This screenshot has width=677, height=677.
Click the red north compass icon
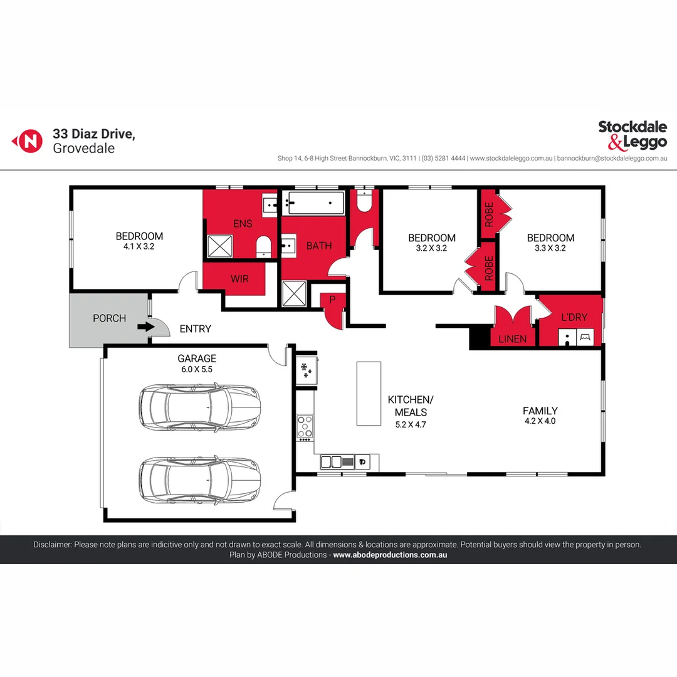pyautogui.click(x=28, y=140)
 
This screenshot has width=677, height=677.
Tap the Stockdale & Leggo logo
pyautogui.click(x=632, y=135)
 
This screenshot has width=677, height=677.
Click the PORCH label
pyautogui.click(x=109, y=318)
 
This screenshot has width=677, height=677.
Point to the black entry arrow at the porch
pyautogui.click(x=145, y=326)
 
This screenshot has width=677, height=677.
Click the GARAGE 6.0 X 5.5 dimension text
pyautogui.click(x=197, y=370)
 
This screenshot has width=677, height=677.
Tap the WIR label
pyautogui.click(x=239, y=278)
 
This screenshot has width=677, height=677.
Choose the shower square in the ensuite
pyautogui.click(x=219, y=246)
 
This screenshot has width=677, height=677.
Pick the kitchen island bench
pyautogui.click(x=369, y=393)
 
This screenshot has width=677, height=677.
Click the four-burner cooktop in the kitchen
pyautogui.click(x=305, y=426)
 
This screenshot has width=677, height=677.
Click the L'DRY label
pyautogui.click(x=574, y=317)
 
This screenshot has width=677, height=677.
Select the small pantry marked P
pyautogui.click(x=332, y=300)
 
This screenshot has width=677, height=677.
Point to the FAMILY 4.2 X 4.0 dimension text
pyautogui.click(x=539, y=421)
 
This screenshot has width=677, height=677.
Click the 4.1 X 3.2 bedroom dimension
pyautogui.click(x=139, y=247)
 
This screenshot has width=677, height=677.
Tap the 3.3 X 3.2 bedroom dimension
pyautogui.click(x=550, y=248)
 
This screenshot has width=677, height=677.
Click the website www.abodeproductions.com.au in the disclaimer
pyautogui.click(x=390, y=555)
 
